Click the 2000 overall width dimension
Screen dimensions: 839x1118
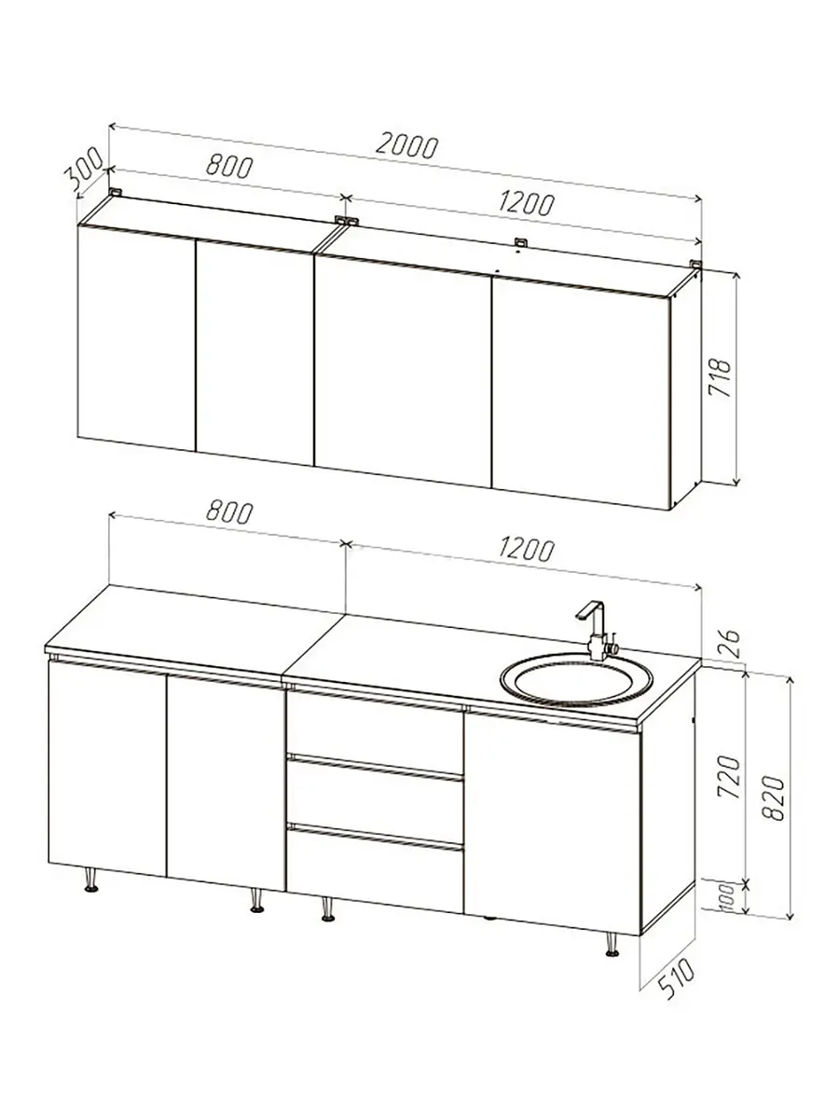(406, 146)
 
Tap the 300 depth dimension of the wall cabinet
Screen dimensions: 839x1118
(84, 166)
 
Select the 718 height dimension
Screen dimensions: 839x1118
(720, 378)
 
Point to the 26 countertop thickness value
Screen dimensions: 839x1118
(729, 643)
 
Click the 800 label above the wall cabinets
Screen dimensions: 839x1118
(229, 166)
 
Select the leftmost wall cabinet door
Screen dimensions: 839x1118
(136, 337)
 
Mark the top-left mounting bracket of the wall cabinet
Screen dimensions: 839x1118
(117, 192)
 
